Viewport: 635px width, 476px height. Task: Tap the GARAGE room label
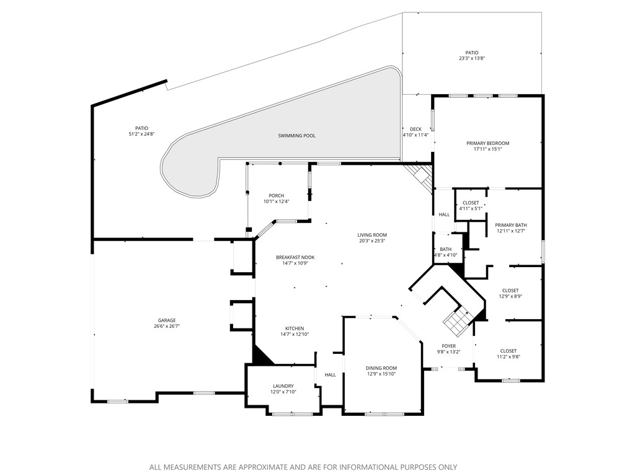167,320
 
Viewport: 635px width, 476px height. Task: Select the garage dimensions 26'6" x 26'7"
167,327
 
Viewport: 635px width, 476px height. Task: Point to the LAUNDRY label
283,386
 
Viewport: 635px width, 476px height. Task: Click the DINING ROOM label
381,368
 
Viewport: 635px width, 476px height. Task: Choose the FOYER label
448,346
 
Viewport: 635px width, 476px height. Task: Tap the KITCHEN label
295,328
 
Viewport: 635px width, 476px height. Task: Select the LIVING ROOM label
372,235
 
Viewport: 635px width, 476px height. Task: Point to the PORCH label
276,196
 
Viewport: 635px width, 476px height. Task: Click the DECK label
415,129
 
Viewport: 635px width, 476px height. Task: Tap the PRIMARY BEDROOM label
487,143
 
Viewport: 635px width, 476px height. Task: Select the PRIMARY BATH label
511,225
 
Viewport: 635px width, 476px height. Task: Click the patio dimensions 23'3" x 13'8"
472,59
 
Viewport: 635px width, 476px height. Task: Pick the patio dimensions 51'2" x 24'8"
142,134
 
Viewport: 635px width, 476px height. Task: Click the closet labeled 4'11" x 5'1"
471,209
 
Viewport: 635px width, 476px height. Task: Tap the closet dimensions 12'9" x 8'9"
510,296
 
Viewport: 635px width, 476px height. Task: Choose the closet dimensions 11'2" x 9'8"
508,357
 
